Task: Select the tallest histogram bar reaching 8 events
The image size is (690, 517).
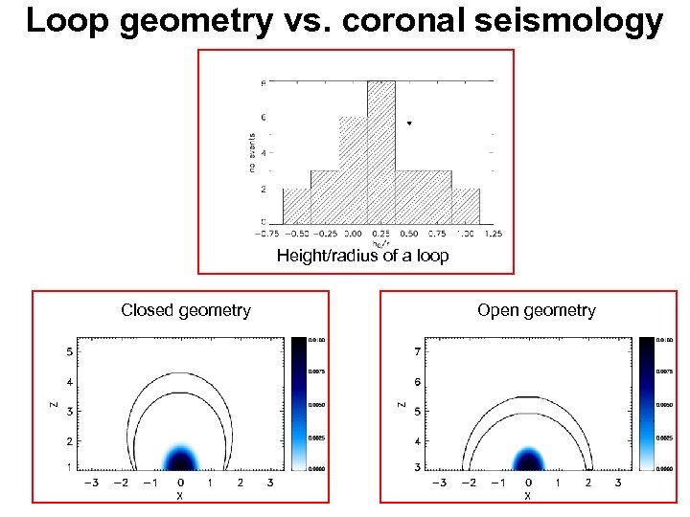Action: pyautogui.click(x=380, y=153)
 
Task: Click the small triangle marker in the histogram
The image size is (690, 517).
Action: pyautogui.click(x=410, y=124)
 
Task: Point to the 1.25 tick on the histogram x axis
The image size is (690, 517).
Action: pyautogui.click(x=494, y=234)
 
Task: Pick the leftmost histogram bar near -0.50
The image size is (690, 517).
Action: pyautogui.click(x=296, y=206)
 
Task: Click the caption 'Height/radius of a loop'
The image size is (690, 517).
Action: pyautogui.click(x=362, y=256)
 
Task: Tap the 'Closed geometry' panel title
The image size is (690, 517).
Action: pyautogui.click(x=186, y=310)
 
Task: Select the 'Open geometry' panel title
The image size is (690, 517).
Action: pyautogui.click(x=536, y=310)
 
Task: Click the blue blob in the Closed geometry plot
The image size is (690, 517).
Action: pyautogui.click(x=181, y=458)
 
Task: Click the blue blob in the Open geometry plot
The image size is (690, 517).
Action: pyautogui.click(x=528, y=458)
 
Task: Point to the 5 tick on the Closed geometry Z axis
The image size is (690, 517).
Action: pyautogui.click(x=68, y=351)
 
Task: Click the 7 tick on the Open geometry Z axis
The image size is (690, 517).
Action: pyautogui.click(x=416, y=351)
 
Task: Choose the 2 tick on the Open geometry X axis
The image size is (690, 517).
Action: pyautogui.click(x=588, y=483)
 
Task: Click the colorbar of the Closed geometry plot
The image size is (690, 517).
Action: pyautogui.click(x=299, y=403)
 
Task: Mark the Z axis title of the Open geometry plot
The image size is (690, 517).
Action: pyautogui.click(x=402, y=406)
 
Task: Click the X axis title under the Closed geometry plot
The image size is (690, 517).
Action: pyautogui.click(x=180, y=497)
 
